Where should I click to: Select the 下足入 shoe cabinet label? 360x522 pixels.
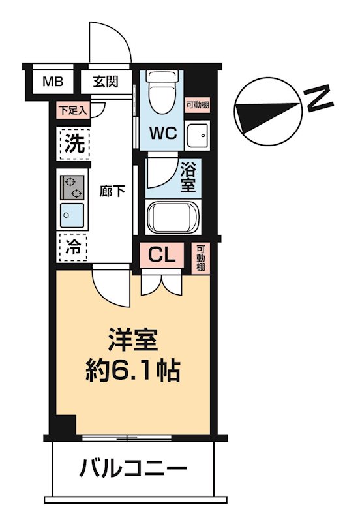pyautogui.click(x=72, y=110)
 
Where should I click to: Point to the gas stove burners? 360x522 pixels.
pyautogui.click(x=72, y=187)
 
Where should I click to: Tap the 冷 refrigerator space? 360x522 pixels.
pyautogui.click(x=74, y=247)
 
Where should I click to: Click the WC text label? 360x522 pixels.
pyautogui.click(x=164, y=133)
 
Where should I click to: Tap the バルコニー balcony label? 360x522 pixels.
pyautogui.click(x=133, y=468)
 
